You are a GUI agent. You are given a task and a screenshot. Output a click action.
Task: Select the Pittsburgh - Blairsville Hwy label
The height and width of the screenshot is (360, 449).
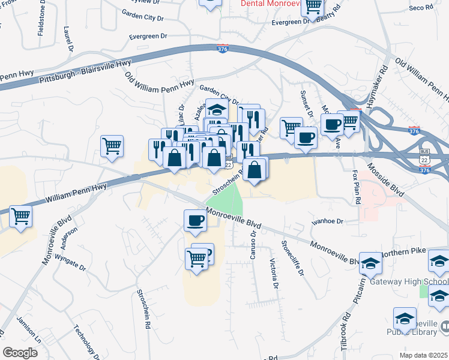tap(85, 71)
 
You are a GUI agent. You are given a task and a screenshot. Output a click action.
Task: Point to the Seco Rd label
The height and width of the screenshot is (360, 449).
tap(421, 8)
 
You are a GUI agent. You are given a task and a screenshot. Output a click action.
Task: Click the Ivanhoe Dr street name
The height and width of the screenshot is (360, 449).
tap(327, 221)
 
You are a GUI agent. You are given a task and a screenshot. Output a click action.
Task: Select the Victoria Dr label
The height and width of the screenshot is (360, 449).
tap(274, 273)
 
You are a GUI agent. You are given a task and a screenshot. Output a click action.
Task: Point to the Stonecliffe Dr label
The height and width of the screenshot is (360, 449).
tap(292, 259)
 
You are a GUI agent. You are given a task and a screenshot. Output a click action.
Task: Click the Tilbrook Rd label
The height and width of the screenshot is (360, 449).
tap(345, 332)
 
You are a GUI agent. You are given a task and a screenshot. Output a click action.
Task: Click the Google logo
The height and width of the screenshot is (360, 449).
tap(20, 353)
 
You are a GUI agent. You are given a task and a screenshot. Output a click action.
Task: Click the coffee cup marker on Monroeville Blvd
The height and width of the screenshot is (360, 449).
tap(195, 221)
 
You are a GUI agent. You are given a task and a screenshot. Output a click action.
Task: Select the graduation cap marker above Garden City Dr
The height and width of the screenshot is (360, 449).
tap(216, 109)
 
